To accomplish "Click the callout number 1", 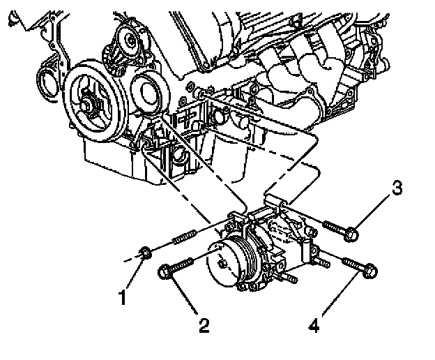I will pos(123,299).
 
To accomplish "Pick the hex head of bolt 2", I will pos(167,271).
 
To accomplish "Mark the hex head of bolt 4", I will pos(370,269).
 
